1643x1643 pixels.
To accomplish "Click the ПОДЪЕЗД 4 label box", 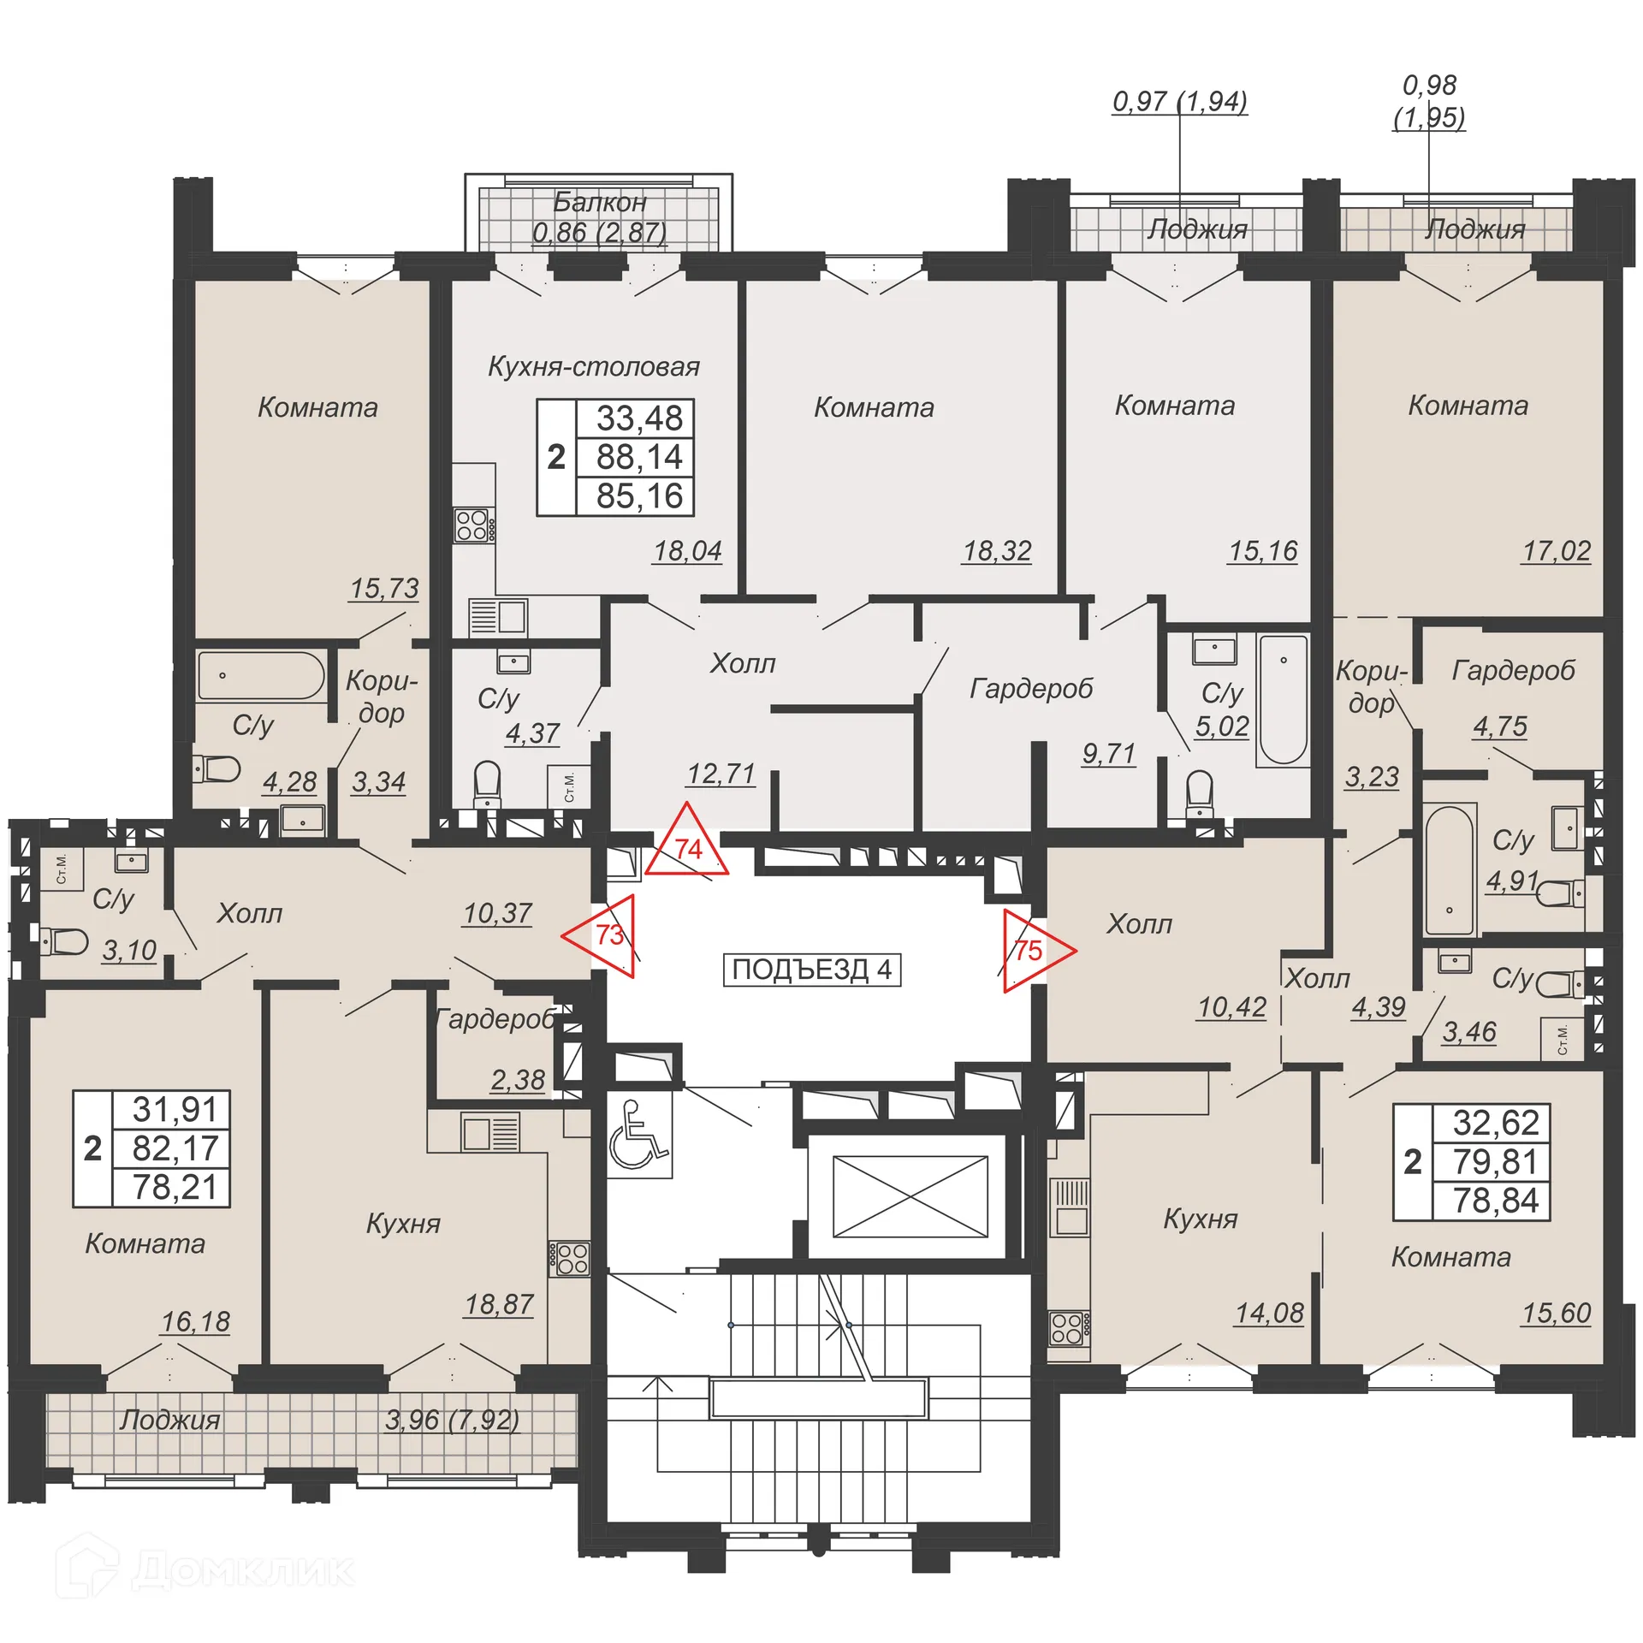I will (x=811, y=970).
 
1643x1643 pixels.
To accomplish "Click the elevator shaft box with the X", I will (x=910, y=1196).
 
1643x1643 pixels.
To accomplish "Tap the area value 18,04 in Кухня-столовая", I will (x=687, y=551).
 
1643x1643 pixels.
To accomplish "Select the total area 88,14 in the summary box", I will (x=638, y=457).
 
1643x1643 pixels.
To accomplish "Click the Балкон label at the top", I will (x=599, y=202).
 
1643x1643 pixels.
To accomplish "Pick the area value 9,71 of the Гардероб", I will (x=1108, y=754).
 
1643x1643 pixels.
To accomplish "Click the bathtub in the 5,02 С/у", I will (x=1283, y=699).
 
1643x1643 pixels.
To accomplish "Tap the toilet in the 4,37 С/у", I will (x=487, y=783).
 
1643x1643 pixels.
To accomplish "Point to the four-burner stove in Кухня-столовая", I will (x=472, y=525).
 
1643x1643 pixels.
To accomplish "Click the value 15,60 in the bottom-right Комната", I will (x=1555, y=1313).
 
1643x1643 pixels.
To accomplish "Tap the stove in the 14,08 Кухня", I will (x=1068, y=1329).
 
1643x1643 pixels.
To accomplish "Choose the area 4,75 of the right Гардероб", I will (x=1499, y=727).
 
